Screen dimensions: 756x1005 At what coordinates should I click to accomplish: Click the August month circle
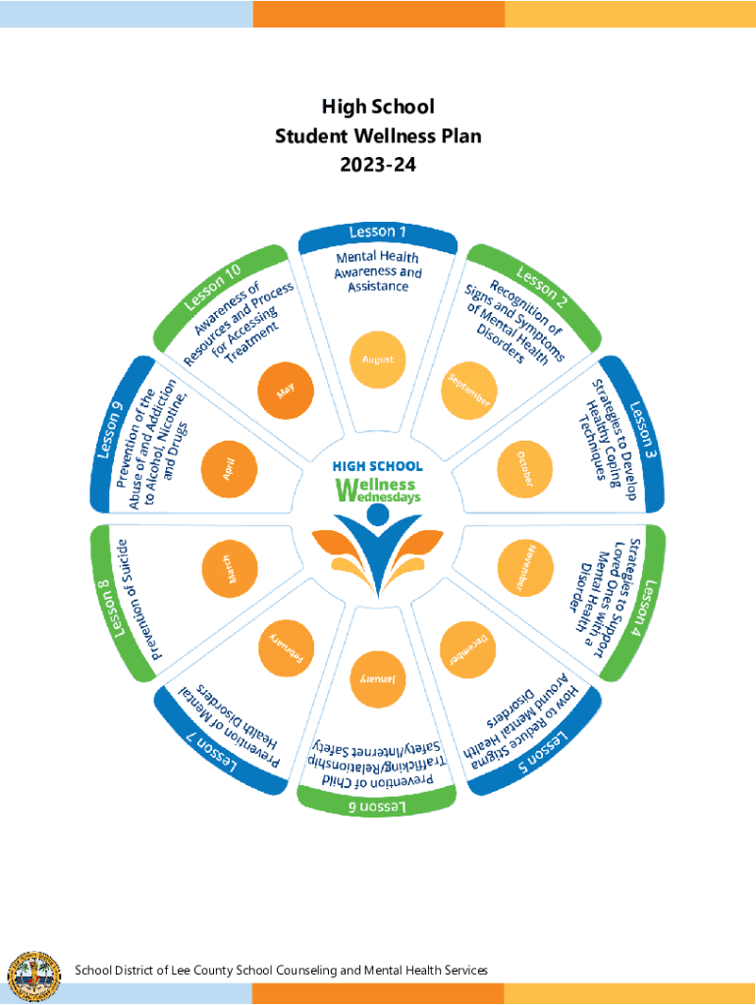click(x=378, y=359)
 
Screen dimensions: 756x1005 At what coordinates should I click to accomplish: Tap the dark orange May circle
click(x=286, y=391)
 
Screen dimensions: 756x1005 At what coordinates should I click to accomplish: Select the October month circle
click(x=525, y=469)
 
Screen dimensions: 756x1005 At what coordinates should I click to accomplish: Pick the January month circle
click(x=378, y=679)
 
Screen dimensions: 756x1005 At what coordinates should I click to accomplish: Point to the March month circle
click(x=230, y=569)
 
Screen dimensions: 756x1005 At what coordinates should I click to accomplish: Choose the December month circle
click(x=468, y=650)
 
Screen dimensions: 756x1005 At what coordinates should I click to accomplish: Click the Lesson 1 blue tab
click(x=378, y=238)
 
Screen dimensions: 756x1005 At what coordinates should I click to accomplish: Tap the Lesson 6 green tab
click(x=377, y=801)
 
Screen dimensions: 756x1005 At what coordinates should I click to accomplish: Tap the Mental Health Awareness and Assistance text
click(x=378, y=272)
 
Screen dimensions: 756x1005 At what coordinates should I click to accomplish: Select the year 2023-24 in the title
click(x=378, y=165)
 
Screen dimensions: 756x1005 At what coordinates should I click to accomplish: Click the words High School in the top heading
click(x=378, y=106)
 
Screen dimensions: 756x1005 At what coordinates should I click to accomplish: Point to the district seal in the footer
click(x=33, y=977)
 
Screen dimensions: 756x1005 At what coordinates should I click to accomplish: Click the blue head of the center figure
click(x=378, y=514)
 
